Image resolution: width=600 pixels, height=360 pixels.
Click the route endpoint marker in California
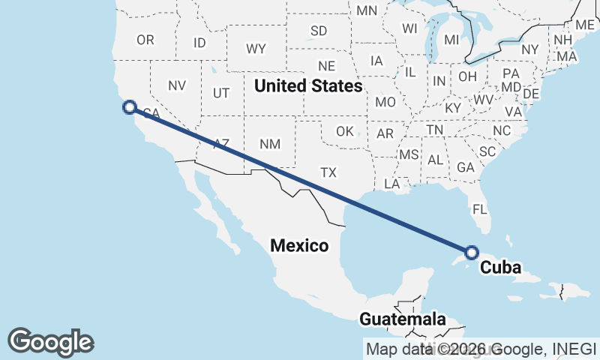coord(129,107)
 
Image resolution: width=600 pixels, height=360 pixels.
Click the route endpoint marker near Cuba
coord(472,253)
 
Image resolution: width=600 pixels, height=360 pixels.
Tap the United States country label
coord(308,86)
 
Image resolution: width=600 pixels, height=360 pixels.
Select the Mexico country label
coord(299,245)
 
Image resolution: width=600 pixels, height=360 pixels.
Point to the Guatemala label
coord(402,319)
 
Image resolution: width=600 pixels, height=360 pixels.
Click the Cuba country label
coord(500,267)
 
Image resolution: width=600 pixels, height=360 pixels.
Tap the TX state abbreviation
coord(328,172)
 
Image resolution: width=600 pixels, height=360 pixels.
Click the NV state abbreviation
coord(176,85)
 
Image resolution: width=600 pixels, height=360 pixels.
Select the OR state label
coord(145,40)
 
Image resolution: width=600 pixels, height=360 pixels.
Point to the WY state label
coord(256,49)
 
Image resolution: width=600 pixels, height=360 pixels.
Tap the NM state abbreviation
coord(268,143)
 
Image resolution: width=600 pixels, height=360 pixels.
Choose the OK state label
coord(345,131)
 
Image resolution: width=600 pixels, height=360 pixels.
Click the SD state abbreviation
coord(319,31)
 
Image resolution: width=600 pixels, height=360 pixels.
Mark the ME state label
coord(585,25)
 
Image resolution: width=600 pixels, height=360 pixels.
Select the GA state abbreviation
coord(465,167)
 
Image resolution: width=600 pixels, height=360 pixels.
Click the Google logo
coord(51,342)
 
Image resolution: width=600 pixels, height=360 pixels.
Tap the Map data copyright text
coord(481,348)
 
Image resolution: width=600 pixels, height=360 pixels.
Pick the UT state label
coord(221,93)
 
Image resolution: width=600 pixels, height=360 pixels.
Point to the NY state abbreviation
coord(530,49)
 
